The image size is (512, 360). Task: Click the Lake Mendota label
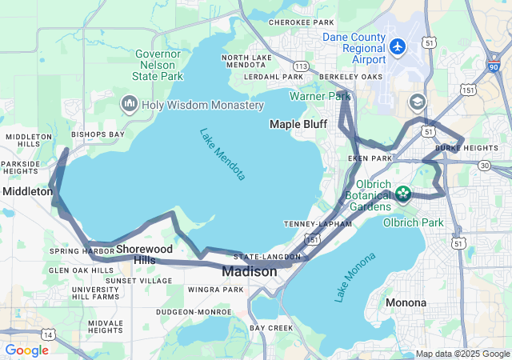[222, 154]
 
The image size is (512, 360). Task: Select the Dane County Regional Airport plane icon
[398, 46]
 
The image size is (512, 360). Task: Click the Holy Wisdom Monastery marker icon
[129, 104]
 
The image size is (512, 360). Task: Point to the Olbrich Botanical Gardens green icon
[403, 194]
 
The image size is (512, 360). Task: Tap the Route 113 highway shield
[301, 66]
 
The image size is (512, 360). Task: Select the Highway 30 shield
[485, 165]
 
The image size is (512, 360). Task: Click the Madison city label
[249, 272]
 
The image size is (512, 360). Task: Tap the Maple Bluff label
[298, 124]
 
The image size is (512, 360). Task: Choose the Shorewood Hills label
[145, 254]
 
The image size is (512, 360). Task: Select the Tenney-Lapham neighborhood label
[318, 224]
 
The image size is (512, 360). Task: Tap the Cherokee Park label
[301, 23]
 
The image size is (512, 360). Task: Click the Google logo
[26, 350]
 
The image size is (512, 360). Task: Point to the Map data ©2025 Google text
[462, 354]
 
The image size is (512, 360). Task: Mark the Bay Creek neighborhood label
[271, 328]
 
